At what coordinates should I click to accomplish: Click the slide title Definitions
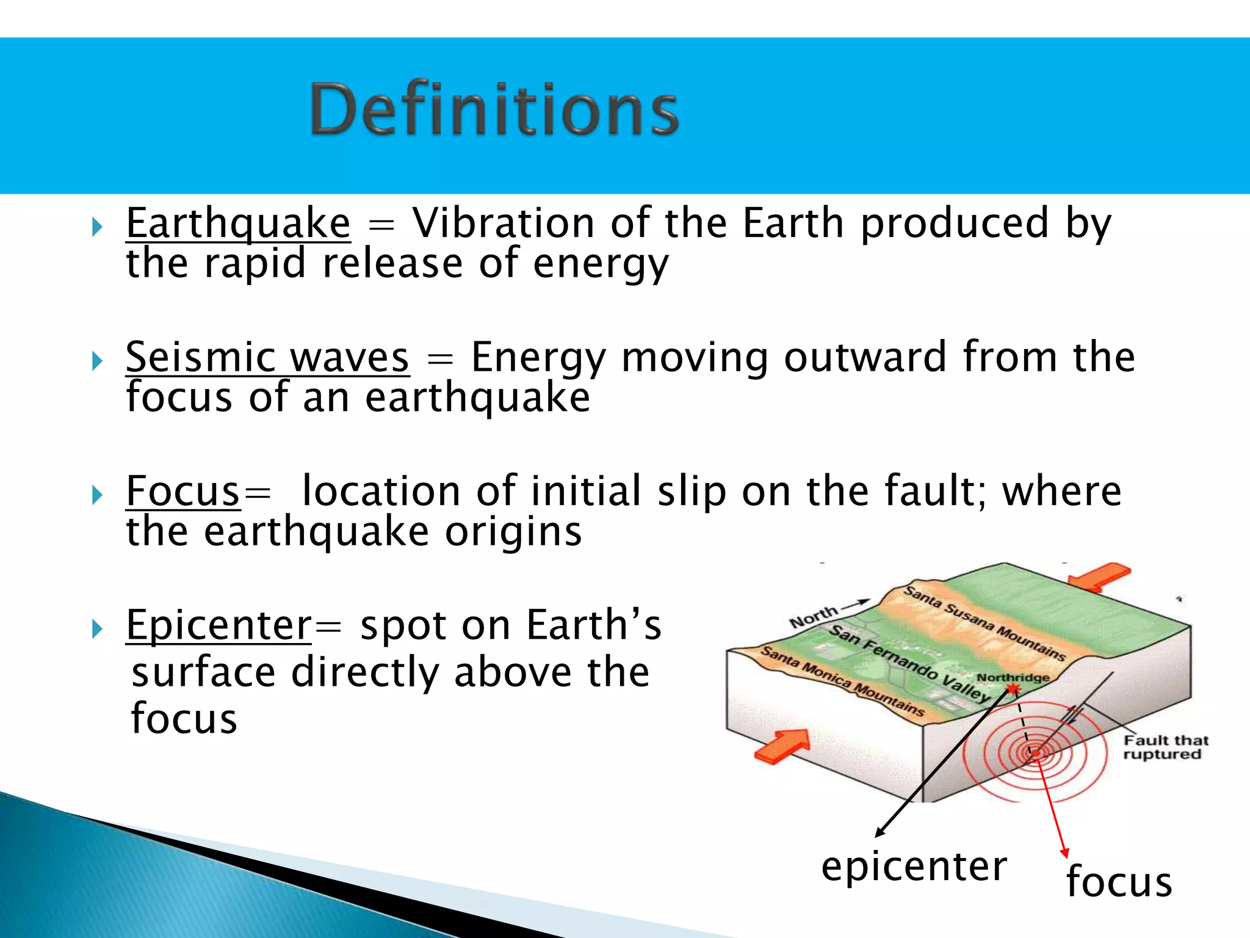click(494, 109)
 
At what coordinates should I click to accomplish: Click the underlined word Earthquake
click(238, 224)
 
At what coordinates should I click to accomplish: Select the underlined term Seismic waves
click(267, 358)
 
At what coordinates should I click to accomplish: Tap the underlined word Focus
click(182, 492)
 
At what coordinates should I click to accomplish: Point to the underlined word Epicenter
click(219, 626)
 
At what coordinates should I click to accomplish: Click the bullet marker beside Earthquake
click(97, 227)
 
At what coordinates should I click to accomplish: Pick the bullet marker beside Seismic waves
click(97, 361)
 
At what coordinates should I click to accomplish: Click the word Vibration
click(503, 224)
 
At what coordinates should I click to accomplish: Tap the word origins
click(513, 532)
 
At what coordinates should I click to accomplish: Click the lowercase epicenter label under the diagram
click(914, 867)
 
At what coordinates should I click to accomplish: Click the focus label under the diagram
click(1119, 882)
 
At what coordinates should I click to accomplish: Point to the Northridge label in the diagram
click(1013, 677)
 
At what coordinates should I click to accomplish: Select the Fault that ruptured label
click(1165, 747)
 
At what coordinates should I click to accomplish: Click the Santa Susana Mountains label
click(984, 623)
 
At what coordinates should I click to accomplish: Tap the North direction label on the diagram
click(813, 617)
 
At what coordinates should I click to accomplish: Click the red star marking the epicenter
click(1013, 690)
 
